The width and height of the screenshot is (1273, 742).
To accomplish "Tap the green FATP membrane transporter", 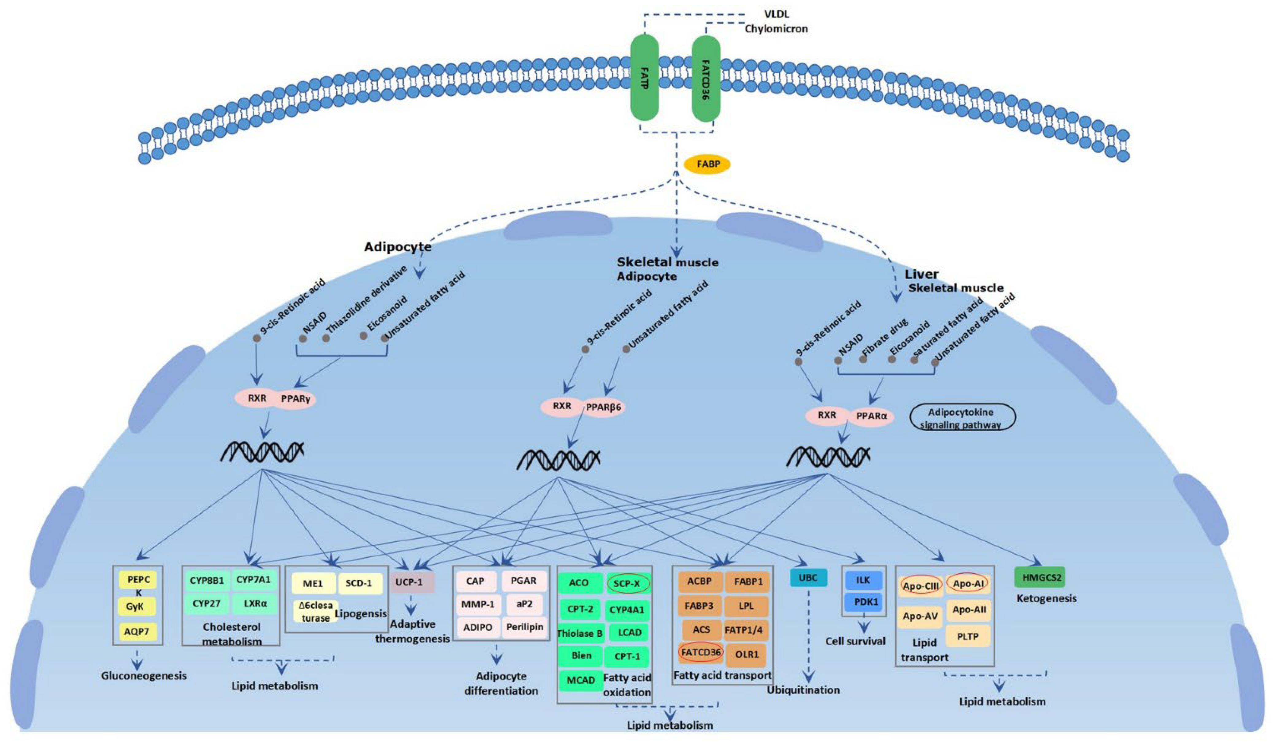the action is [x=645, y=78].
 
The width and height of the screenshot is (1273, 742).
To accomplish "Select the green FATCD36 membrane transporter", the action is [x=706, y=78].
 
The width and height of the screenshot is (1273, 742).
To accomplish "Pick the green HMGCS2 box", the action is [x=1040, y=577].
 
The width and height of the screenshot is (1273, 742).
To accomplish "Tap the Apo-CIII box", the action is [x=921, y=585].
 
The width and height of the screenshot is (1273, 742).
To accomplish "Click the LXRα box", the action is [x=255, y=604].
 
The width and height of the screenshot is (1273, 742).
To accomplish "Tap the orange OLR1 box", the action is [x=746, y=655].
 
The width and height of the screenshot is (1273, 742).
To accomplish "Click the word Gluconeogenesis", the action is [x=144, y=676].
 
